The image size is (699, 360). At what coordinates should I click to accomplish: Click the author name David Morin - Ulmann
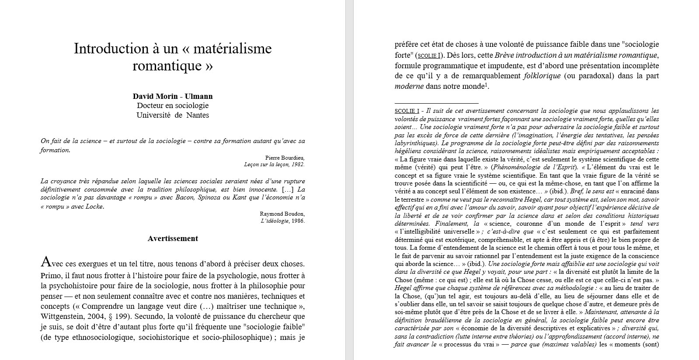pyautogui.click(x=173, y=96)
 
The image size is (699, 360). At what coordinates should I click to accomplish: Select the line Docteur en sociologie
pyautogui.click(x=173, y=105)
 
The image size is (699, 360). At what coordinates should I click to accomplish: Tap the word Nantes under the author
pyautogui.click(x=198, y=115)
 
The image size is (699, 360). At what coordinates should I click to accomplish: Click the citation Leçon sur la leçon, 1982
pyautogui.click(x=274, y=164)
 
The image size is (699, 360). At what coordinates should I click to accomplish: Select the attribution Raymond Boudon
pyautogui.click(x=282, y=214)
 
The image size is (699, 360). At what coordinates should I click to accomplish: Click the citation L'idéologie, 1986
pyautogui.click(x=282, y=221)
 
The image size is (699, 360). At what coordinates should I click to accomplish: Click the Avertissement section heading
pyautogui.click(x=173, y=238)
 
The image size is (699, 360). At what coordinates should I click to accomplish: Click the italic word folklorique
pyautogui.click(x=541, y=76)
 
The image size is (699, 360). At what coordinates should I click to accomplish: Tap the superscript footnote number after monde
pyautogui.click(x=486, y=85)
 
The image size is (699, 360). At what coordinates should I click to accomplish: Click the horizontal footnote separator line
pyautogui.click(x=436, y=103)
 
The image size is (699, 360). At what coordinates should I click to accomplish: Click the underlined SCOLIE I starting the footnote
pyautogui.click(x=407, y=111)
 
